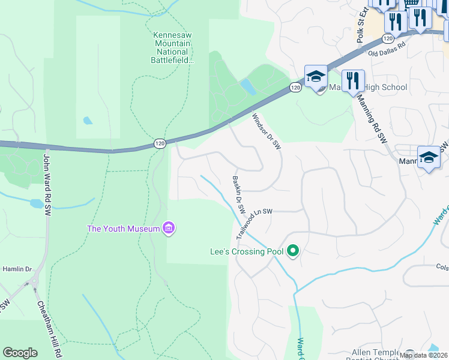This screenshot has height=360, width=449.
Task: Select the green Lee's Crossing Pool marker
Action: (293, 251)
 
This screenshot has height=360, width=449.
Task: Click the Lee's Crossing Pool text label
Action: (246, 252)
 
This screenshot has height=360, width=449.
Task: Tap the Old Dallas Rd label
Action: (387, 48)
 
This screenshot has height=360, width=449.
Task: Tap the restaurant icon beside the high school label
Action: (353, 81)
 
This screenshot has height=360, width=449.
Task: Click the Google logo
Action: (20, 353)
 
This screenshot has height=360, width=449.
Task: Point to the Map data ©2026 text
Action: (424, 355)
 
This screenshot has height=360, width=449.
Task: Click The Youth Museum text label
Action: (124, 229)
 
